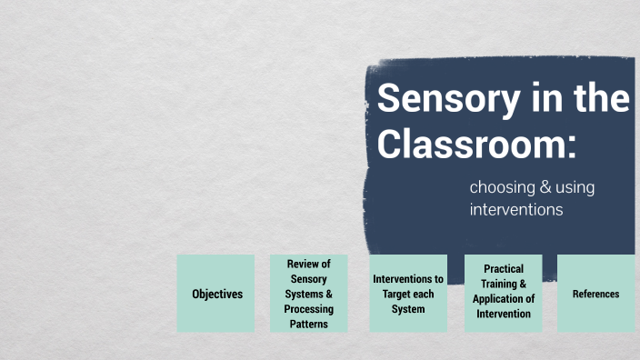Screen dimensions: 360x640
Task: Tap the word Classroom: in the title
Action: (477, 145)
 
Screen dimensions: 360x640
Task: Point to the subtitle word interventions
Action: (516, 210)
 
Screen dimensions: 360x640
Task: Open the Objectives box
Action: (217, 294)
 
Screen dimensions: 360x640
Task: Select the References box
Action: (595, 294)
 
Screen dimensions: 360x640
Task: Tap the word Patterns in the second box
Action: (309, 324)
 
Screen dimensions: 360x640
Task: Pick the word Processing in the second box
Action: (309, 309)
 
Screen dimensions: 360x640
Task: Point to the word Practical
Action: (504, 269)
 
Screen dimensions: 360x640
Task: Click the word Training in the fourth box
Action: (498, 284)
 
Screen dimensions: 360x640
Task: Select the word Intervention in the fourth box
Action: (504, 314)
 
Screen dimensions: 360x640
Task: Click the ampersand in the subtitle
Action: (546, 187)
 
